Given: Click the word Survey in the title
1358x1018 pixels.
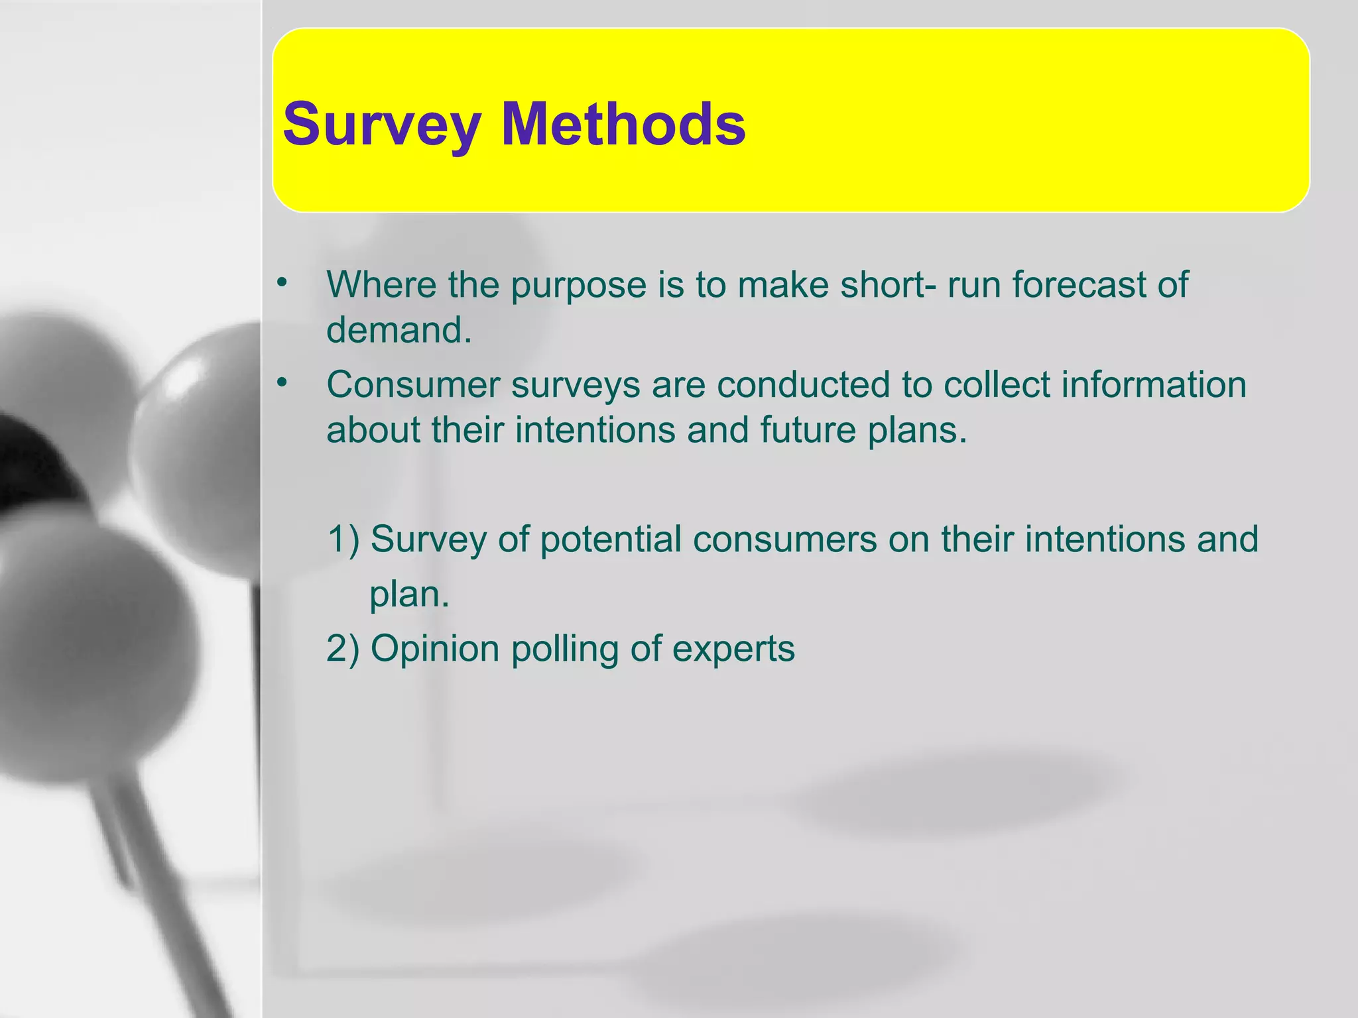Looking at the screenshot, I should (381, 125).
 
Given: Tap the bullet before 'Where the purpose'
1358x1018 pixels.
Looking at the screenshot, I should (282, 283).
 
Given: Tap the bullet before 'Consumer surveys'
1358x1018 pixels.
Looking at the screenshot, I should (282, 383).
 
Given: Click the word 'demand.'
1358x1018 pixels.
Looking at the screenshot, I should (399, 329).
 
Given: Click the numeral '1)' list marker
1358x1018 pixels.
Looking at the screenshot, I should (343, 539).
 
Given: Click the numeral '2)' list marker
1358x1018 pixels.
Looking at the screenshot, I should (343, 648).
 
